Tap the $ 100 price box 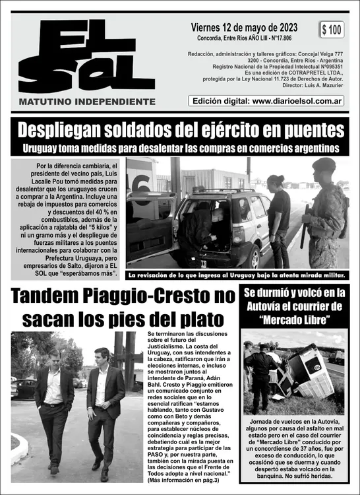[332, 30]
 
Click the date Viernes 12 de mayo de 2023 [243, 28]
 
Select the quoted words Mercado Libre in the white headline [294, 321]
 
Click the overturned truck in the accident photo [307, 373]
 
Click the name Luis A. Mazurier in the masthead [321, 85]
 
